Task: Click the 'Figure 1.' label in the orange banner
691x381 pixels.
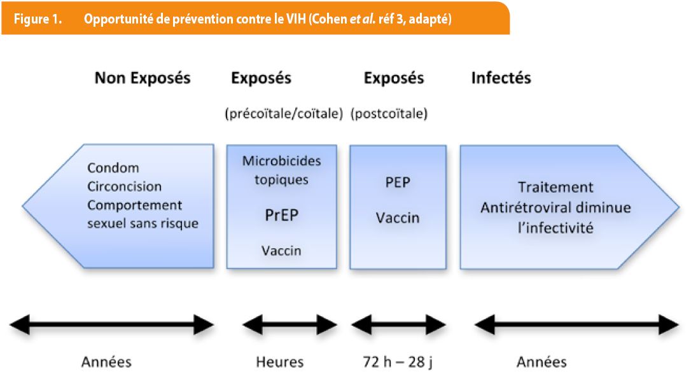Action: pyautogui.click(x=38, y=19)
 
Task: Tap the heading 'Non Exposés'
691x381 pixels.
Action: pyautogui.click(x=143, y=78)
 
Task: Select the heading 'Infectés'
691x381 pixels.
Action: pyautogui.click(x=501, y=78)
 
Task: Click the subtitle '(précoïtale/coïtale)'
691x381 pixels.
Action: pyautogui.click(x=284, y=114)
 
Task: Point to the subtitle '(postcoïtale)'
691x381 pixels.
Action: pyautogui.click(x=389, y=114)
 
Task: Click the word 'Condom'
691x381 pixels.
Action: pyautogui.click(x=113, y=168)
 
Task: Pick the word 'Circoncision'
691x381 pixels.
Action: pyautogui.click(x=124, y=186)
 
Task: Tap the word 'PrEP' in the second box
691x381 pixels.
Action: pyautogui.click(x=282, y=215)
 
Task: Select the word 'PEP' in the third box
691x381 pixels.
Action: pyautogui.click(x=398, y=182)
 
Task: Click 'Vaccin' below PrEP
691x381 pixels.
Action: pyautogui.click(x=281, y=251)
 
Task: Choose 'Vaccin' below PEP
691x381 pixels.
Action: pyautogui.click(x=398, y=218)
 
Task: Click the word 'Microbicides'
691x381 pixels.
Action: pyautogui.click(x=282, y=161)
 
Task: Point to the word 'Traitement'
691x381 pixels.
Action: pyautogui.click(x=555, y=187)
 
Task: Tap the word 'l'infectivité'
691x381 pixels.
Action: pyautogui.click(x=555, y=228)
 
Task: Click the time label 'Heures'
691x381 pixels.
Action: pyautogui.click(x=280, y=362)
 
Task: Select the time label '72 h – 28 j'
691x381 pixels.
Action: pyautogui.click(x=398, y=362)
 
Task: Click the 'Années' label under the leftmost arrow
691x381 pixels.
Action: pyautogui.click(x=106, y=362)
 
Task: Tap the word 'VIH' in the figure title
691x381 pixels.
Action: pyautogui.click(x=295, y=19)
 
